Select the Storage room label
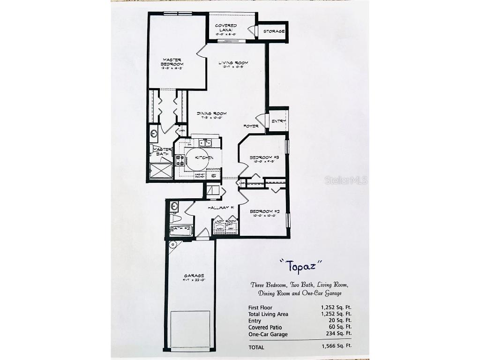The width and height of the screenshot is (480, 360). [274, 31]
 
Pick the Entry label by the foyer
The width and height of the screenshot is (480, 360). [278, 121]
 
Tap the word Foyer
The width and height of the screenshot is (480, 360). [250, 126]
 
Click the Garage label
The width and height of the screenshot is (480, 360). [191, 276]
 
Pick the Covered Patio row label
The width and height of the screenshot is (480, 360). [265, 327]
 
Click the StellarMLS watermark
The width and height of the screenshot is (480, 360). [346, 180]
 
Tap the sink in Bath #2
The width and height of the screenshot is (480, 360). [174, 205]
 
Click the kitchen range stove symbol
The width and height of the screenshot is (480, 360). [180, 160]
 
